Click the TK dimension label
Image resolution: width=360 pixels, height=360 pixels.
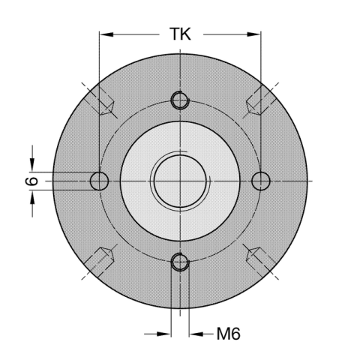pos(180,34)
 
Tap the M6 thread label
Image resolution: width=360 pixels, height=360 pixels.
pos(228,333)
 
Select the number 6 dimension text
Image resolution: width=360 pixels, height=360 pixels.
pos(31,181)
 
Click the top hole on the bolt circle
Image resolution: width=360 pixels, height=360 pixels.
pos(179,100)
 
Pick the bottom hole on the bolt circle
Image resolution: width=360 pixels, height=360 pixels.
pos(179,262)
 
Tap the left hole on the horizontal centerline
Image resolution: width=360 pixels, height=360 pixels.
pos(99,181)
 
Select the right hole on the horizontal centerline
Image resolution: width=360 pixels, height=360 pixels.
pos(260,181)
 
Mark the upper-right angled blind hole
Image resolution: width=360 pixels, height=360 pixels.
pos(259,100)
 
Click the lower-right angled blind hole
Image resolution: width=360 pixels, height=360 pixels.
pos(259,260)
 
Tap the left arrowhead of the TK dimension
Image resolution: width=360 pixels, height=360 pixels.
pos(105,34)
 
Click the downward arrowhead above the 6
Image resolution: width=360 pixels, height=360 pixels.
pos(33,166)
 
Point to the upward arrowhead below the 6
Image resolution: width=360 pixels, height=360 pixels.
pos(33,196)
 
